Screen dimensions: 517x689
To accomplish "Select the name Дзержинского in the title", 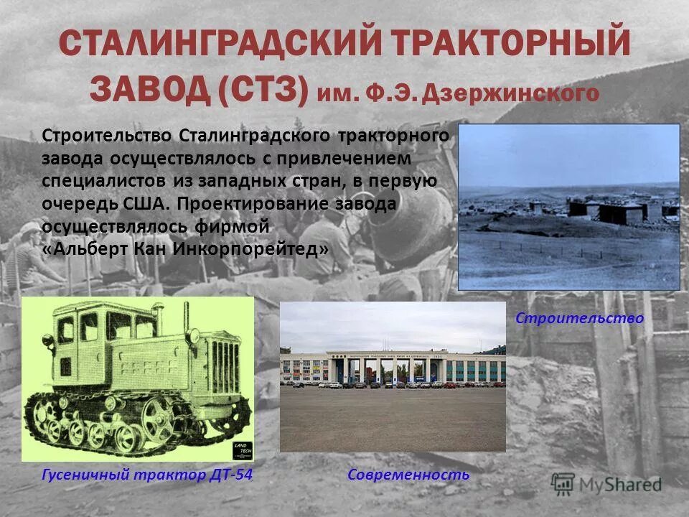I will pyautogui.click(x=510, y=92).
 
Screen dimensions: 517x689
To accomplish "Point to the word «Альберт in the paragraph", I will pyautogui.click(x=88, y=249).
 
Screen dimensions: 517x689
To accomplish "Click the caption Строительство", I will pyautogui.click(x=579, y=318).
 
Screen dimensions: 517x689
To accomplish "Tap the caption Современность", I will pyautogui.click(x=408, y=475).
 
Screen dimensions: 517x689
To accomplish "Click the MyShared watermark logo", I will pyautogui.click(x=606, y=484).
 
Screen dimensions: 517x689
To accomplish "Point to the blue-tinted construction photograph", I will pyautogui.click(x=568, y=207).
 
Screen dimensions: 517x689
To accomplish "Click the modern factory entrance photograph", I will pyautogui.click(x=393, y=376).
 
